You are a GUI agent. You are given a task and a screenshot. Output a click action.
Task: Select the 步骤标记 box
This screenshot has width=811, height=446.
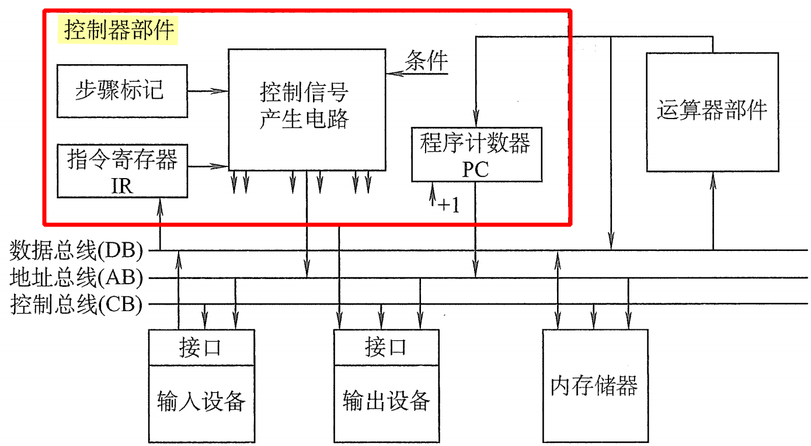(122, 91)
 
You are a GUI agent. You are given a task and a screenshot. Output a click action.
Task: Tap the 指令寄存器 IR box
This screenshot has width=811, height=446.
(122, 171)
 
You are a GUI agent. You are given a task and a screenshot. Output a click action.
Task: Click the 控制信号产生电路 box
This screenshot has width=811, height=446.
(306, 109)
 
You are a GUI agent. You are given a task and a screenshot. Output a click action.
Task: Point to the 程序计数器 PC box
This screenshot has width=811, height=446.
(476, 154)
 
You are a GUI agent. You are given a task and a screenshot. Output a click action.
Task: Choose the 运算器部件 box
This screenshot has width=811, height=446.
(712, 111)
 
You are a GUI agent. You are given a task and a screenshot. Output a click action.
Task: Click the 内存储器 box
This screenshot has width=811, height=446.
(594, 385)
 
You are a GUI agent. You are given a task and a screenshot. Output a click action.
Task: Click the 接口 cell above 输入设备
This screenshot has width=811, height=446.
(201, 347)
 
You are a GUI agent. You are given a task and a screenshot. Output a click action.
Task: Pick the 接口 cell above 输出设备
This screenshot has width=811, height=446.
(386, 347)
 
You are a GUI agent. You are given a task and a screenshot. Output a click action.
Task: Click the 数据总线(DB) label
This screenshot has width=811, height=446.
(76, 250)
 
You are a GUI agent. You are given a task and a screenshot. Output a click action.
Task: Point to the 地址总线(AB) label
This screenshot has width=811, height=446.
(76, 278)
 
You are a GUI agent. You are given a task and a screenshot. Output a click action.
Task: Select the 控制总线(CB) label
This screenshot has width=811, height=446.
(76, 305)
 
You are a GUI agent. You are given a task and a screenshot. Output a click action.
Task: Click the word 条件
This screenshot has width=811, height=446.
(427, 60)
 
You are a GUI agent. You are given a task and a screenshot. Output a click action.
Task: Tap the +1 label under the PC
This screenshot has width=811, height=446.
(448, 205)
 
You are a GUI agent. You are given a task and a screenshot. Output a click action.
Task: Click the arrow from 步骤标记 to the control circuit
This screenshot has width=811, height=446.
(208, 91)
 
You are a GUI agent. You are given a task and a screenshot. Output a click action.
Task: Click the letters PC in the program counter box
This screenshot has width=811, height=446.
(476, 169)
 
